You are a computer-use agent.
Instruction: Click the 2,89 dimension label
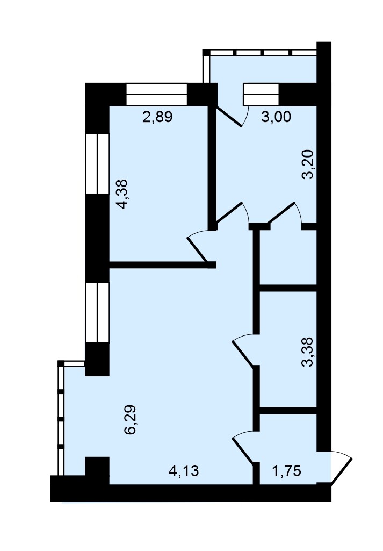157,117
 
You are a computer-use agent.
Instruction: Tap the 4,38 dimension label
124,194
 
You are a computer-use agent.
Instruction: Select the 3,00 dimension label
276,117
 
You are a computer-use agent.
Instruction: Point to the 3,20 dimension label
307,164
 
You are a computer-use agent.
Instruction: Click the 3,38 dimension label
307,352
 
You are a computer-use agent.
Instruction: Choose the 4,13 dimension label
184,471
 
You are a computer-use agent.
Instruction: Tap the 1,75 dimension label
287,471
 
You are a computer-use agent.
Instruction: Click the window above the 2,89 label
156,94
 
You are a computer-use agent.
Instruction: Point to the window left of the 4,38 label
97,163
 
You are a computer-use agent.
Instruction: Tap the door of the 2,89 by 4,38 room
199,246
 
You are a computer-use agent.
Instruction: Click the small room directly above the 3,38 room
288,257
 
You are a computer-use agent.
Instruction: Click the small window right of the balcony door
261,94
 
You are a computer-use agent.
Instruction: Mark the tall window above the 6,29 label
97,312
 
